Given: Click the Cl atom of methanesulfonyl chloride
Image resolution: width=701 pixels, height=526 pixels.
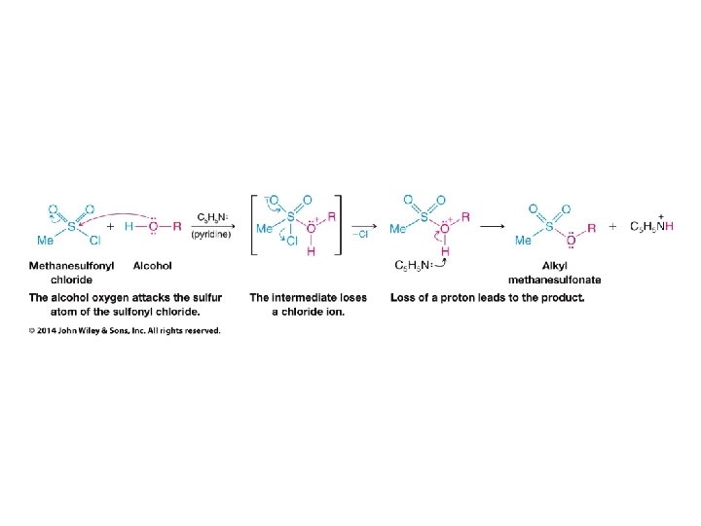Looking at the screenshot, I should pos(95,241).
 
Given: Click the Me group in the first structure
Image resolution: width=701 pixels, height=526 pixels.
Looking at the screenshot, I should pos(45,241).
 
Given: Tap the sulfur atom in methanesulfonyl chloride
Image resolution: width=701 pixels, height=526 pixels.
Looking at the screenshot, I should pos(70,226).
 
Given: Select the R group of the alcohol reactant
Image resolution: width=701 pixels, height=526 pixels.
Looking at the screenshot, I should pos(176,226).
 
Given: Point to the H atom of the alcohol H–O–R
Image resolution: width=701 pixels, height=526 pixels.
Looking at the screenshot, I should pos(129,226).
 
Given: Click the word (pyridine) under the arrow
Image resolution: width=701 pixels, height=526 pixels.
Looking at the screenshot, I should pos(210,235).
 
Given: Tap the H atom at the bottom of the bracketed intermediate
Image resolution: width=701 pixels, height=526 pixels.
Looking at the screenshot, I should pos(312,251).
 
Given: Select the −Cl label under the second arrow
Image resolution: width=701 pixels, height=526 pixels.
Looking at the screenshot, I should pos(359,235).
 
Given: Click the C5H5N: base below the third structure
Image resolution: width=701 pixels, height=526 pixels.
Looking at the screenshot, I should pos(414,265).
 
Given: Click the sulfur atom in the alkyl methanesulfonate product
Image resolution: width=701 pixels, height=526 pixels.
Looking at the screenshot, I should pos(548,226).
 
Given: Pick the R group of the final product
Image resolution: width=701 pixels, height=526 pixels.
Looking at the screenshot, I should pos(591,226).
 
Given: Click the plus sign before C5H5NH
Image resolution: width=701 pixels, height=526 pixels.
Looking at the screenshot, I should pos(613,226).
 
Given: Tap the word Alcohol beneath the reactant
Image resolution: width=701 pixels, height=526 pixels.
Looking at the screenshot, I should pos(152,264).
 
